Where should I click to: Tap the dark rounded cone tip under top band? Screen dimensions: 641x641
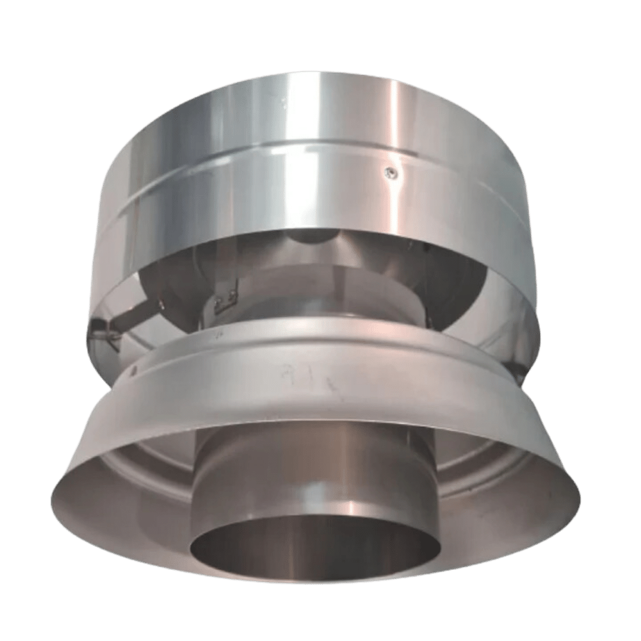click(x=315, y=237)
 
